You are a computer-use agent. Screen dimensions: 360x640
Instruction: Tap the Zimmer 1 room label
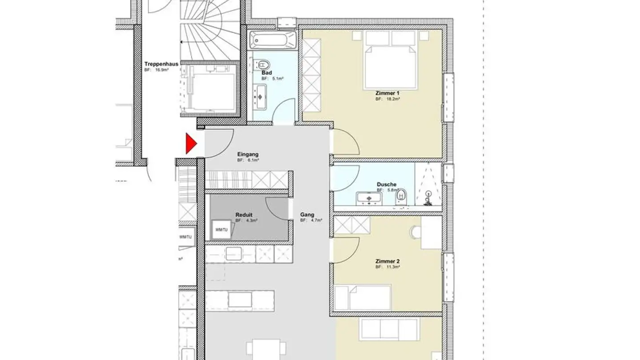(x=388, y=93)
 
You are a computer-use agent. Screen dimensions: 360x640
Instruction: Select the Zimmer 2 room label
(x=388, y=261)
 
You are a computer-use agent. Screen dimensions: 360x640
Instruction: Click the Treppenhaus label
(x=161, y=64)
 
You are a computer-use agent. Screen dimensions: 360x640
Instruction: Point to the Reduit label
(x=244, y=215)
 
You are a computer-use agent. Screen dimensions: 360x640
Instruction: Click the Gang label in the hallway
(x=307, y=215)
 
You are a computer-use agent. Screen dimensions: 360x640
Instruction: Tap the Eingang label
(x=248, y=154)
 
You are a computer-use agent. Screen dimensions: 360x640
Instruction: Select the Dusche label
(x=386, y=184)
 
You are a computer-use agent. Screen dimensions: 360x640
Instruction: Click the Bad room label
(x=267, y=73)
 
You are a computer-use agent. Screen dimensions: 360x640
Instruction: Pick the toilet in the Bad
(x=263, y=64)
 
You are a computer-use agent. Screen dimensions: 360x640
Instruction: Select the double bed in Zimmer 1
(x=390, y=60)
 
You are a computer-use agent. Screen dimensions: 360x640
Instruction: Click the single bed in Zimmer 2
(x=363, y=298)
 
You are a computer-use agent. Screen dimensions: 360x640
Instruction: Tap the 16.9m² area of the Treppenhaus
(x=161, y=70)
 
